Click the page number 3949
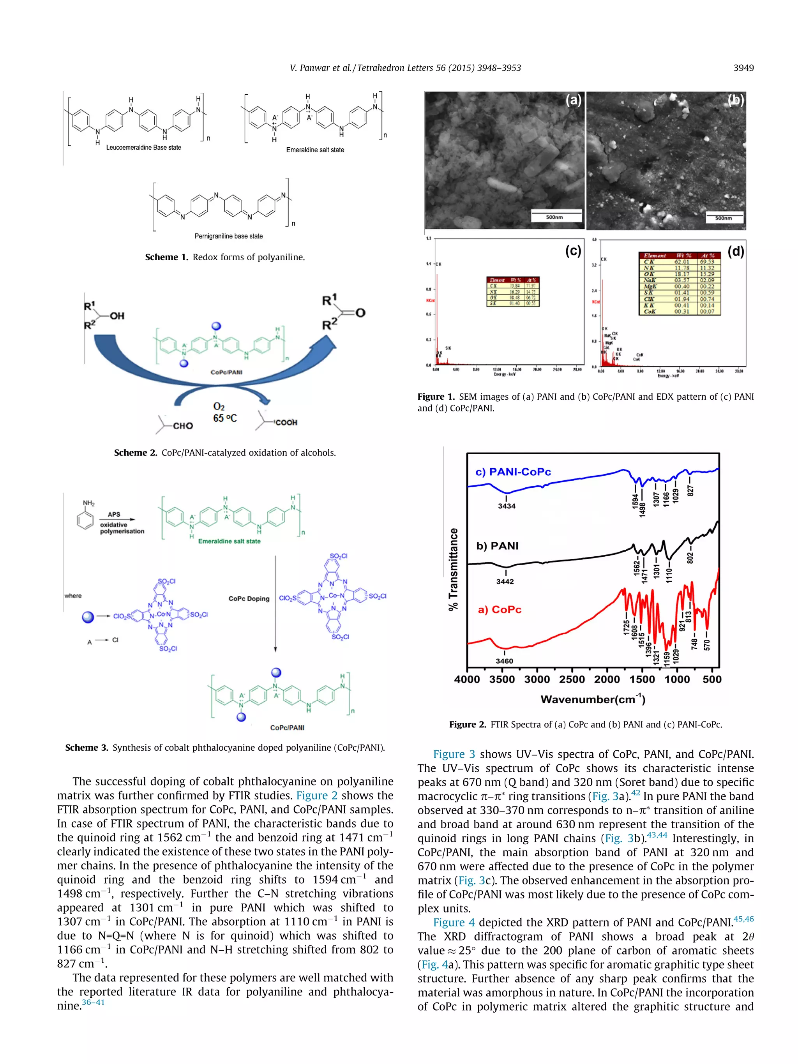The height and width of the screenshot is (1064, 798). coord(743,68)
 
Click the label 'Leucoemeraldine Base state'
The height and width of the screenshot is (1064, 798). coord(143,148)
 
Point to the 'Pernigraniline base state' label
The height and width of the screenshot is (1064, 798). coord(228,236)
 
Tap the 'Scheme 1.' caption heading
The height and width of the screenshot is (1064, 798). coord(166,258)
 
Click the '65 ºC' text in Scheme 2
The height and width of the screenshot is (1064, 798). coord(225,418)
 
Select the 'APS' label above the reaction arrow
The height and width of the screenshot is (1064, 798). coord(114,514)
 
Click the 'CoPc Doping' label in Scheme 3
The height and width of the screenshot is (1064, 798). coord(249,598)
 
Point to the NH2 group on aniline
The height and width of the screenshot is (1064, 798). coord(88,503)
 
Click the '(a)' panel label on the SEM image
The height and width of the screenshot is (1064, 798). coord(573,100)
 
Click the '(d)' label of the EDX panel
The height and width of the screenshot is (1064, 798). coord(736,251)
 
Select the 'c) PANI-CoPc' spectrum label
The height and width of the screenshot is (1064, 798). coord(513,472)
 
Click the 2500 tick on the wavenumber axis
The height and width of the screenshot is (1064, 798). coord(572,679)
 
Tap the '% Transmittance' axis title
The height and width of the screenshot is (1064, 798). coord(453,569)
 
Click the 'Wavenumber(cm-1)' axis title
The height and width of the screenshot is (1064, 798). coord(593,699)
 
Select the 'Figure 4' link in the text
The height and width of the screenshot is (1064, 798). coord(454,922)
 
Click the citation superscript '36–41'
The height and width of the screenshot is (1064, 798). coord(93,1002)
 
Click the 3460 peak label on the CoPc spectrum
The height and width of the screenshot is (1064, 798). coord(504,661)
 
